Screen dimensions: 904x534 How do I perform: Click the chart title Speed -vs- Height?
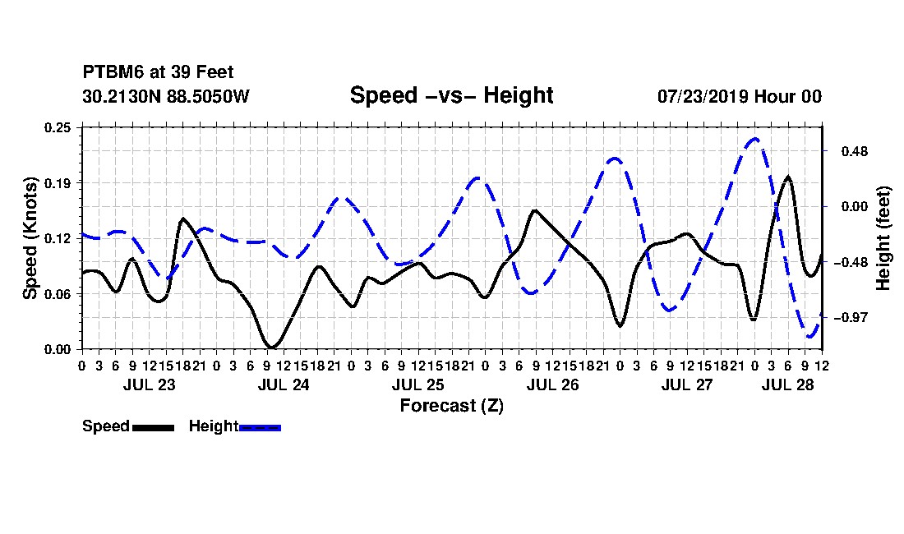tap(451, 95)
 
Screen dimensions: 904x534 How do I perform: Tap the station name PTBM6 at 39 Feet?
tap(158, 72)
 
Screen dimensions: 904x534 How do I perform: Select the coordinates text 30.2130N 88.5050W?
tap(166, 96)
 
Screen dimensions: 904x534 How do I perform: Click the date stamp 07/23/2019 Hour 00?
tap(740, 96)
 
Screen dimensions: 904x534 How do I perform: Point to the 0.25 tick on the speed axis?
tap(58, 127)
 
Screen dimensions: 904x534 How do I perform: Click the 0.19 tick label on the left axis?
tap(58, 183)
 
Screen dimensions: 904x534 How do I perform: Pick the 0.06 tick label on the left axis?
tap(58, 294)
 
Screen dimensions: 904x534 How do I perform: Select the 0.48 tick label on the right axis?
tap(855, 151)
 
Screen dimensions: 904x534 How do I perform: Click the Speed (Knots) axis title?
tap(30, 238)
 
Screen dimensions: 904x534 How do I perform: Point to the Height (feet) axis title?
tap(883, 238)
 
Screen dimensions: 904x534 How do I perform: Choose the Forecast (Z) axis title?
tap(451, 406)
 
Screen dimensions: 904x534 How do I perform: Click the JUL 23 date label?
tap(150, 384)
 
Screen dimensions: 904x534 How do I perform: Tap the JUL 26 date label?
tap(552, 384)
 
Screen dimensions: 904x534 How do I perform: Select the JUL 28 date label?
tap(787, 384)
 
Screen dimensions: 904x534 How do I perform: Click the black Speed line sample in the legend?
tap(153, 427)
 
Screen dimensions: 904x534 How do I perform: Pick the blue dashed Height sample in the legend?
tap(260, 427)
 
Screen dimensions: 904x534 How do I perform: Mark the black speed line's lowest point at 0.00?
tap(271, 347)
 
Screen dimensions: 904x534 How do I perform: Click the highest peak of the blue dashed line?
tap(754, 139)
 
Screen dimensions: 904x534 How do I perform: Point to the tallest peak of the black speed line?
tap(788, 177)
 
